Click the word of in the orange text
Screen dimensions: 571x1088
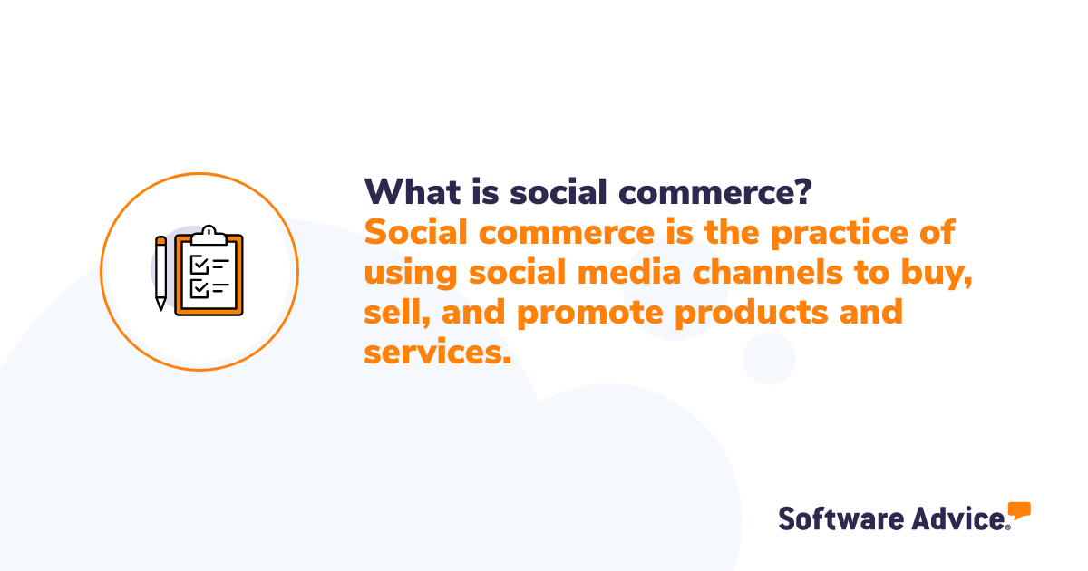pyautogui.click(x=938, y=233)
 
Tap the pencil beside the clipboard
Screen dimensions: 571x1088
pyautogui.click(x=160, y=273)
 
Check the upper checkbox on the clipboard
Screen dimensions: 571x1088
pyautogui.click(x=199, y=264)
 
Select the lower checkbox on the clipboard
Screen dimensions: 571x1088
pyautogui.click(x=199, y=288)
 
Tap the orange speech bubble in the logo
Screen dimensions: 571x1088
pyautogui.click(x=1019, y=510)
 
